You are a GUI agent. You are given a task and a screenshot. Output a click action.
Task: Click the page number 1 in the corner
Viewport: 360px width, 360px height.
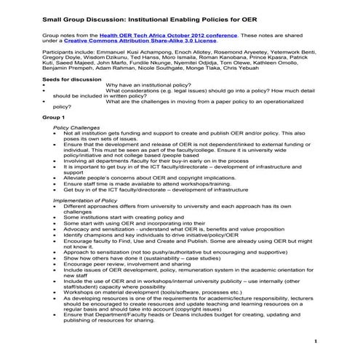(x=316, y=341)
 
